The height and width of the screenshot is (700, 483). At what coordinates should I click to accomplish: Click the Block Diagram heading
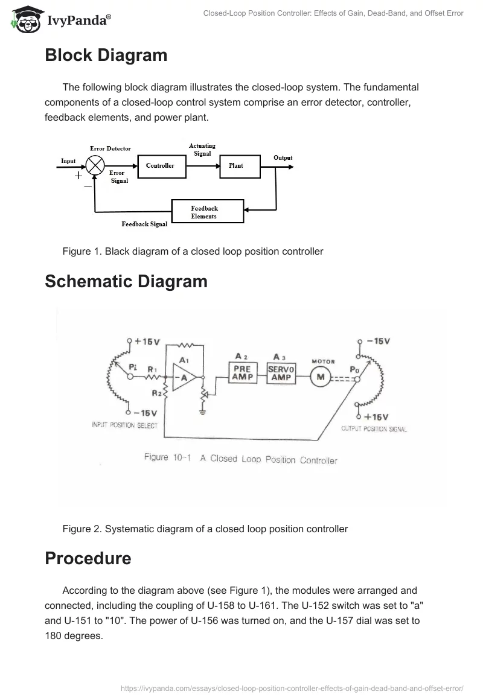coord(106,56)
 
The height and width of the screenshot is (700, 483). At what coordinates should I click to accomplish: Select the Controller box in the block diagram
coord(160,166)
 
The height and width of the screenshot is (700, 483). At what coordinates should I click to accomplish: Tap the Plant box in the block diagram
coord(236,166)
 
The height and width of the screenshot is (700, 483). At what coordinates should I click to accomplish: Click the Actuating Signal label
coord(202,150)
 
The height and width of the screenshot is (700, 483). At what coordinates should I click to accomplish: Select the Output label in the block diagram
coord(283,158)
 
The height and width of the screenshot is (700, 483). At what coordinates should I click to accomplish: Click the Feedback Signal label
coord(144,224)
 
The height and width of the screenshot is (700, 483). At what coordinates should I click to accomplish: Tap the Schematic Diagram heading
coord(126,282)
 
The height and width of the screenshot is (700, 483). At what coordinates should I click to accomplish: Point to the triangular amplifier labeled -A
coord(182,377)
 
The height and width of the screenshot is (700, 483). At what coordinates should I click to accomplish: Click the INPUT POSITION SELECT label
coord(124,425)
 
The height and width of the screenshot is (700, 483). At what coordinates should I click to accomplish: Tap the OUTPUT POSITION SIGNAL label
coord(374,429)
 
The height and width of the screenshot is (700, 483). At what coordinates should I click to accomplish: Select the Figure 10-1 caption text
coord(240,459)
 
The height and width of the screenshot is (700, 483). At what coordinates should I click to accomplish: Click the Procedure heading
coord(88,558)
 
